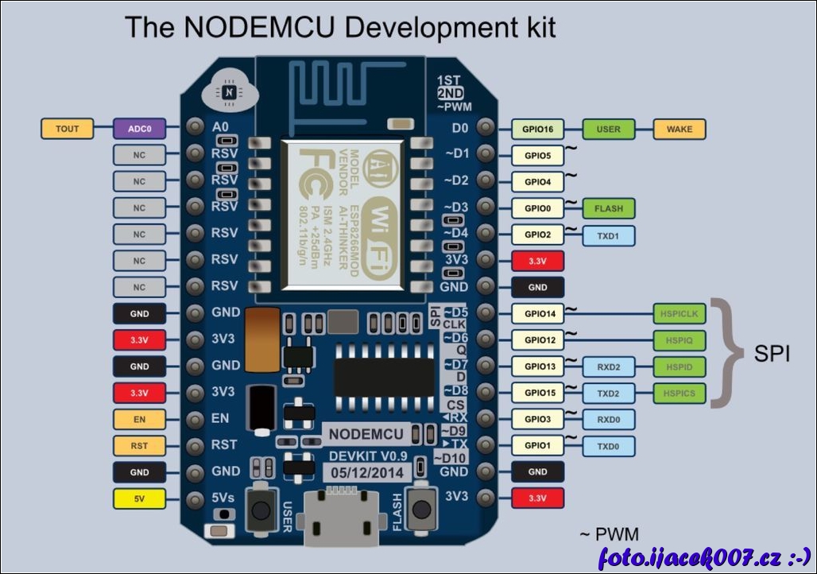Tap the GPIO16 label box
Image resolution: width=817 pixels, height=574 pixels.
tap(538, 128)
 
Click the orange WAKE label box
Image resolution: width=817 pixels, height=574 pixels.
tap(679, 128)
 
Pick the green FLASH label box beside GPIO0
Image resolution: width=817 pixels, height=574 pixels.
tap(609, 208)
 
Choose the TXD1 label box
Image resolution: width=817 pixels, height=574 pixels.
tap(609, 235)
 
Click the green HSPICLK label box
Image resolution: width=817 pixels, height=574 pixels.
tap(679, 314)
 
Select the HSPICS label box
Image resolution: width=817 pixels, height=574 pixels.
tap(679, 393)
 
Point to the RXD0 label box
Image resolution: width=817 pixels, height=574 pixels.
tap(609, 419)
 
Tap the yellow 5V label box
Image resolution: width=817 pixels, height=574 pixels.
tap(140, 499)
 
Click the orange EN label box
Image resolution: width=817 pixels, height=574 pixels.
tap(140, 419)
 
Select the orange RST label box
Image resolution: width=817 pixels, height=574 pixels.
tap(140, 446)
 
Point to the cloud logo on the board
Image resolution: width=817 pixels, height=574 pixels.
tap(228, 91)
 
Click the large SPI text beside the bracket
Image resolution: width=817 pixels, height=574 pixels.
tap(772, 354)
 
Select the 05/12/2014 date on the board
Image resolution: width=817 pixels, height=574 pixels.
tap(367, 472)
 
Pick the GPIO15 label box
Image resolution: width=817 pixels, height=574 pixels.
tap(538, 393)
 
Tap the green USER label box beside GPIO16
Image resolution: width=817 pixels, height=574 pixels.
tap(609, 128)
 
